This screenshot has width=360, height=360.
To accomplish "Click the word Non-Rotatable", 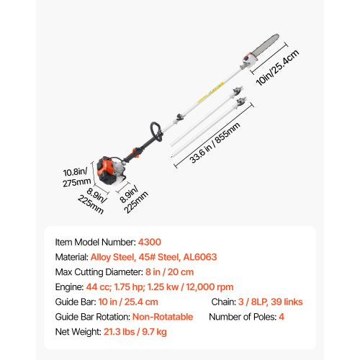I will pos(163,317).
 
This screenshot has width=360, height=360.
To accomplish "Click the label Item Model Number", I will pos(94,243).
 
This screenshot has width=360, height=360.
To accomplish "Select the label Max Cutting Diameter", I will pos(99,272).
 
